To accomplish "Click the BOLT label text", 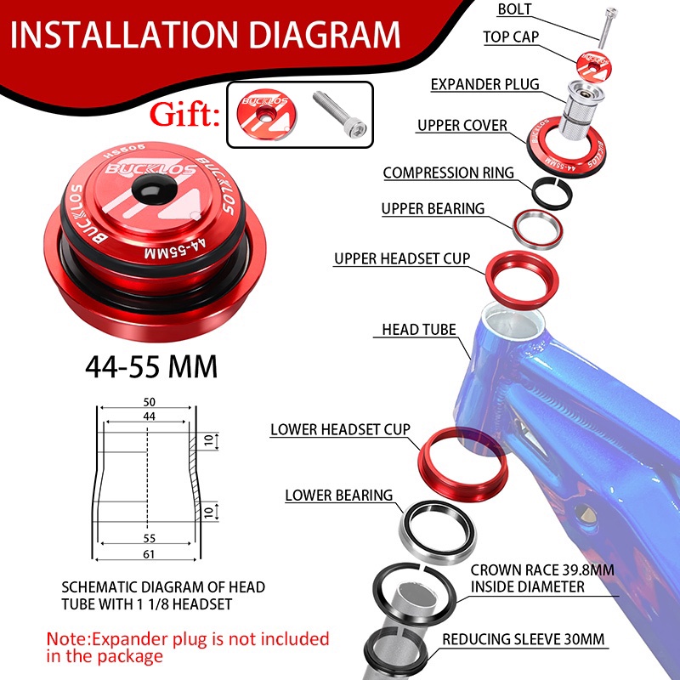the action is pos(514,9).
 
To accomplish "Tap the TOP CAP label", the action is pos(511,37).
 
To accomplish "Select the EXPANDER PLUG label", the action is pos(484,84).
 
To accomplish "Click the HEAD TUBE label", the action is pos(419,330).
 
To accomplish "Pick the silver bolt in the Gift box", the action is pos(340,114).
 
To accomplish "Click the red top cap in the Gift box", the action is pos(267,115).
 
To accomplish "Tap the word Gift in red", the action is pos(184,115).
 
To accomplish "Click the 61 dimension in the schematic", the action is pos(149,554).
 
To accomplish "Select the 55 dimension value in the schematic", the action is pos(150,538).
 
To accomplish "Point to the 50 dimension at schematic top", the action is pos(150,402).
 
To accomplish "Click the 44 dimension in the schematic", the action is pos(150,416).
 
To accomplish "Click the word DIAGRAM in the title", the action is pos(325,35).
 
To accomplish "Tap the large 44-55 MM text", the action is pos(151,367).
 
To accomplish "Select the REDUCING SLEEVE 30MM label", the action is pos(523,639).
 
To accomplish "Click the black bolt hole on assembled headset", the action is pos(154,190).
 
